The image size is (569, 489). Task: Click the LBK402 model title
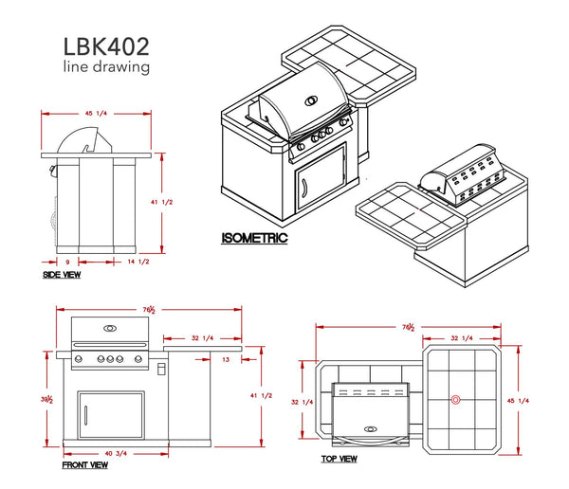click(105, 45)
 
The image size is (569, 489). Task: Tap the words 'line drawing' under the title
click(104, 67)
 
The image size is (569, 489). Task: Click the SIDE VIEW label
click(62, 275)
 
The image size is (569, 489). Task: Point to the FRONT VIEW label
click(84, 464)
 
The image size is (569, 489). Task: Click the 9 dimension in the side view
click(67, 261)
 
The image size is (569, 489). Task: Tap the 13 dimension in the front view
click(226, 359)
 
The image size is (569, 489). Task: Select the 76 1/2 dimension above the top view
click(410, 326)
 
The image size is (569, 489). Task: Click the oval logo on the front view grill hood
click(110, 329)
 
